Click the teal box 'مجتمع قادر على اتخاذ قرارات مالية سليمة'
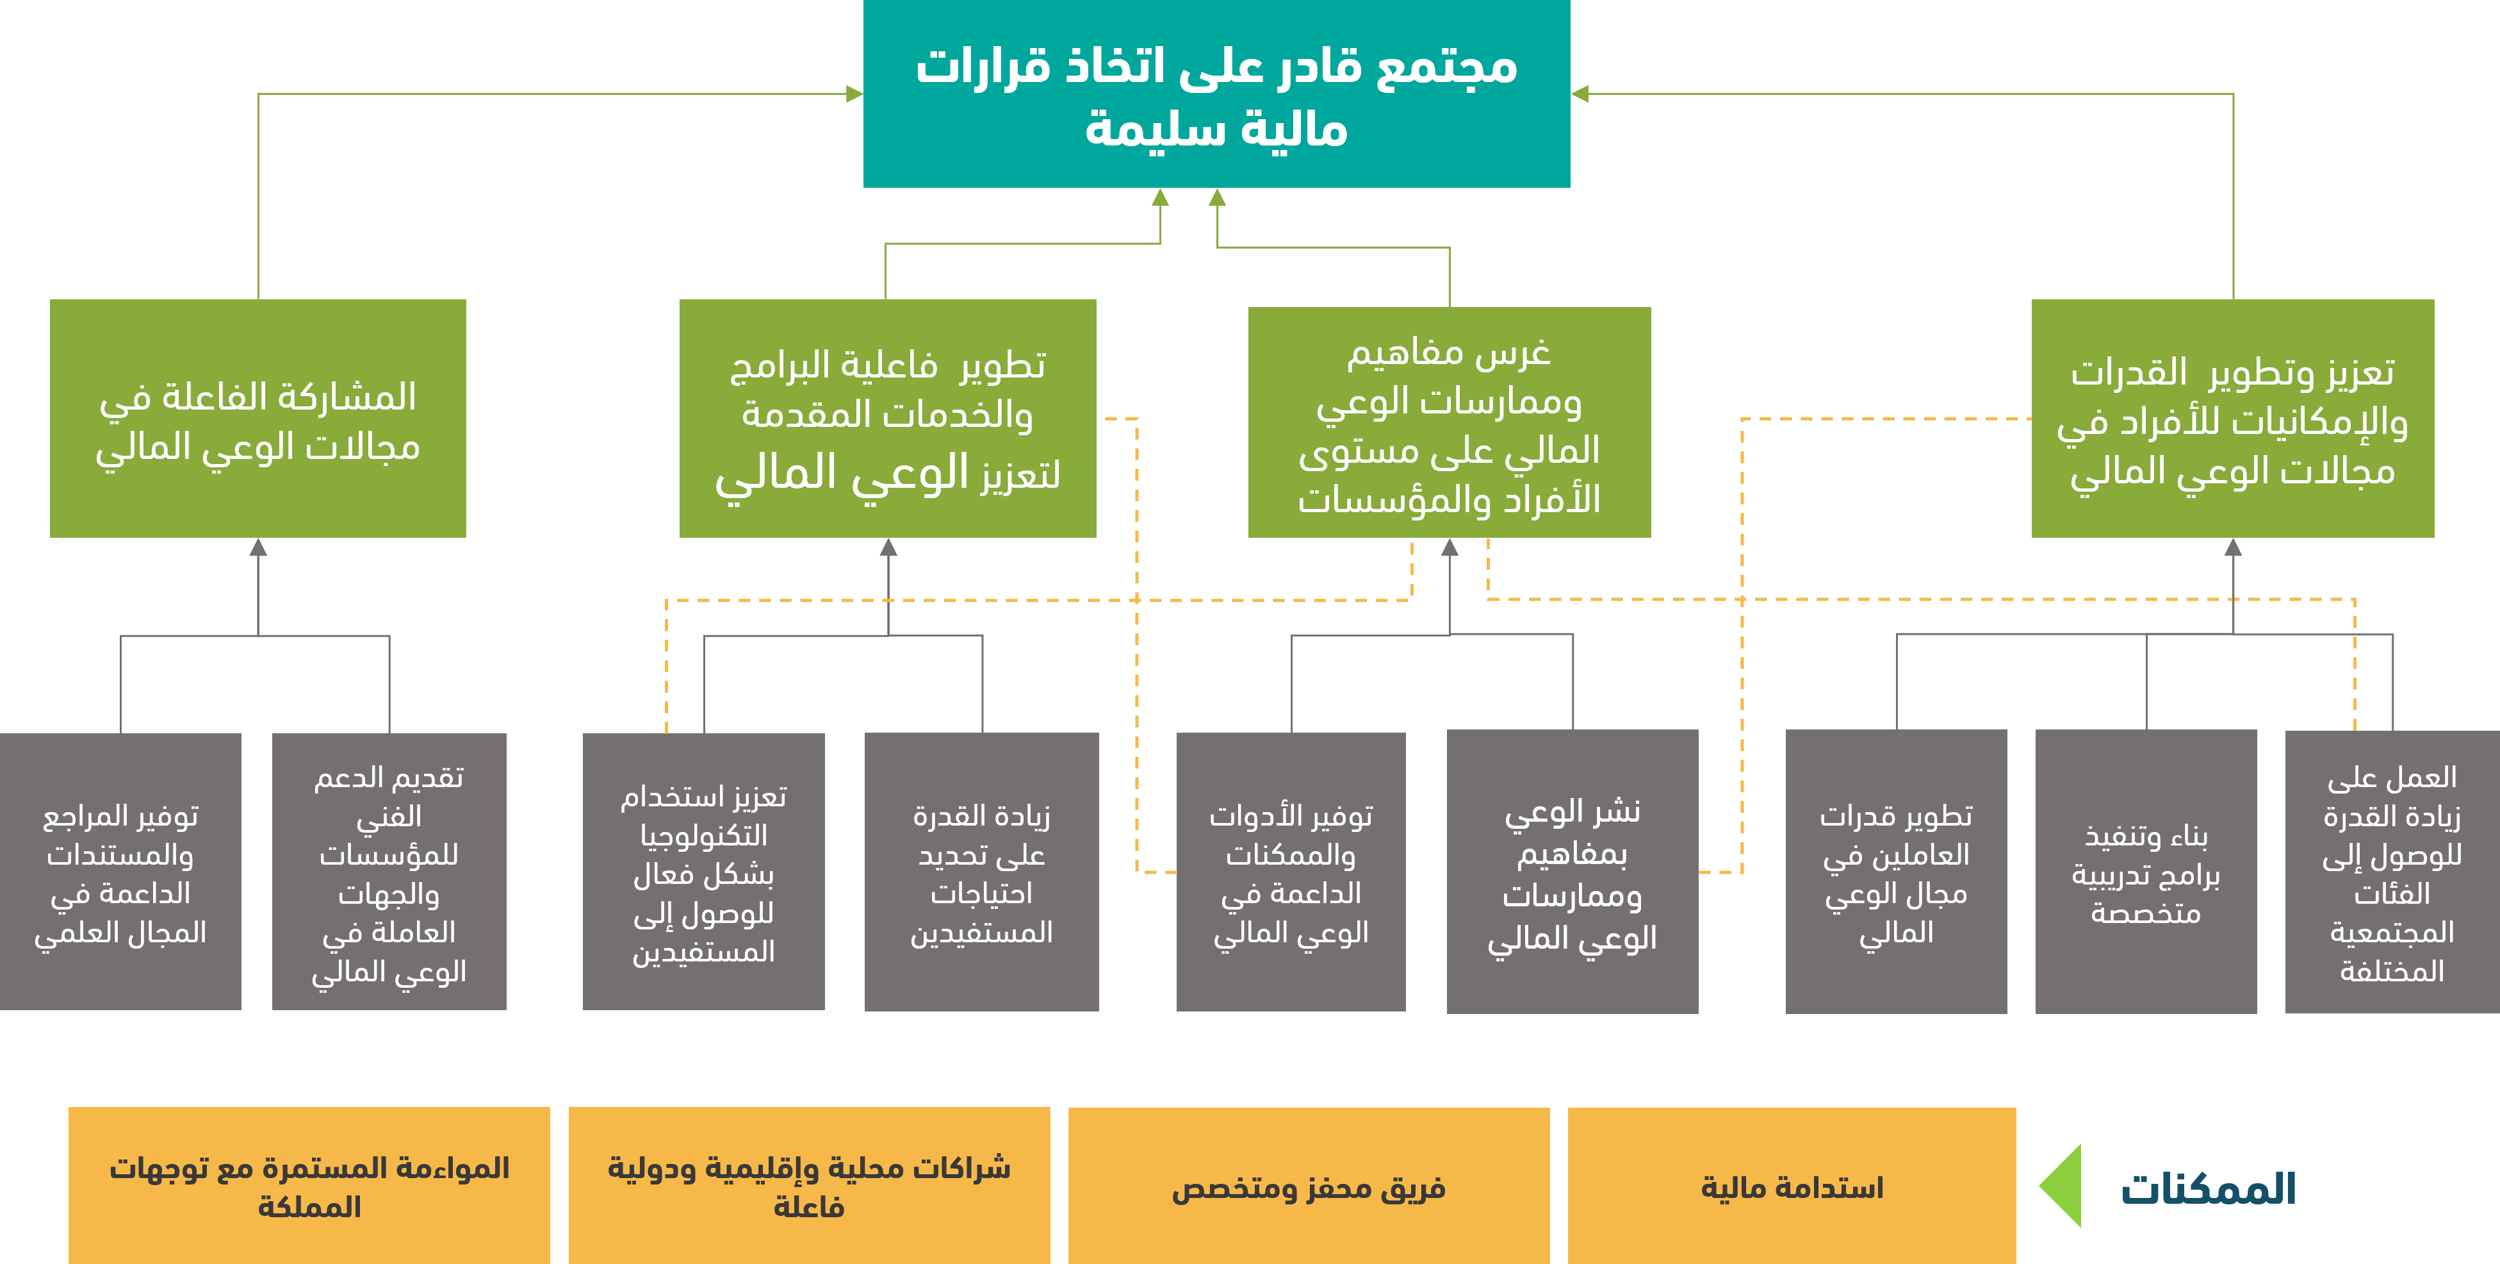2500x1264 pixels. pyautogui.click(x=1216, y=94)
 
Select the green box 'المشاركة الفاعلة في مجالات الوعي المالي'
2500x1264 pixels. pyautogui.click(x=258, y=419)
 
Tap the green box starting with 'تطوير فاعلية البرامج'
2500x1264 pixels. pyautogui.click(x=887, y=419)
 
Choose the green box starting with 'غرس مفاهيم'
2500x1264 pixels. pyautogui.click(x=1449, y=422)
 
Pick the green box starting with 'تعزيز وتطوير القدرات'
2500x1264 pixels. pyautogui.click(x=2232, y=419)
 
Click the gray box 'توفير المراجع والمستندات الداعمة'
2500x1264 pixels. pyautogui.click(x=120, y=872)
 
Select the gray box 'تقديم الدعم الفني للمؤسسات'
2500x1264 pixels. pyautogui.click(x=389, y=872)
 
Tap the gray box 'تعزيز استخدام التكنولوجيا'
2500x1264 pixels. pyautogui.click(x=703, y=872)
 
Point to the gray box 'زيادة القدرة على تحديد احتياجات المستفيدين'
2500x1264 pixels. pyautogui.click(x=981, y=872)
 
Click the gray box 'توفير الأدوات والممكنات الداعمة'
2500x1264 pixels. pyautogui.click(x=1291, y=872)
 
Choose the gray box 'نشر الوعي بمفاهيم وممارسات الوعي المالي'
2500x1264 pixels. pyautogui.click(x=1573, y=872)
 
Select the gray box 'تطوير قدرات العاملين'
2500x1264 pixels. pyautogui.click(x=1895, y=872)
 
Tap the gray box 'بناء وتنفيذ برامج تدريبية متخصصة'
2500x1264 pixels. pyautogui.click(x=2146, y=872)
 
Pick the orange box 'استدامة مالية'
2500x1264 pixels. pyautogui.click(x=1792, y=1186)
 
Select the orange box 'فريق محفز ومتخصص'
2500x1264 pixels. pyautogui.click(x=1308, y=1186)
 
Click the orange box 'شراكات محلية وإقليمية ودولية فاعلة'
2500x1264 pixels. pyautogui.click(x=808, y=1186)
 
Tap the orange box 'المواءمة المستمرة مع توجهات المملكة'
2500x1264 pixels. pyautogui.click(x=309, y=1186)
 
